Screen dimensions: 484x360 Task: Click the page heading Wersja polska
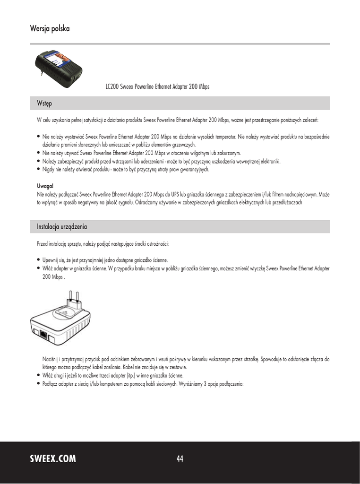(x=50, y=29)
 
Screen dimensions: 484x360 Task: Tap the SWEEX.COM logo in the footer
(x=53, y=458)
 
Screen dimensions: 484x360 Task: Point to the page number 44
(x=180, y=458)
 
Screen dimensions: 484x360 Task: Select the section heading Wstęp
(x=45, y=103)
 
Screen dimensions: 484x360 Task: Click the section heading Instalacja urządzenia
(x=62, y=227)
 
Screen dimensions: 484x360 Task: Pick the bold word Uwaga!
(x=46, y=186)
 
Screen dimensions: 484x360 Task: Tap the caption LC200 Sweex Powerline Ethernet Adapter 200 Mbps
(x=157, y=87)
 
